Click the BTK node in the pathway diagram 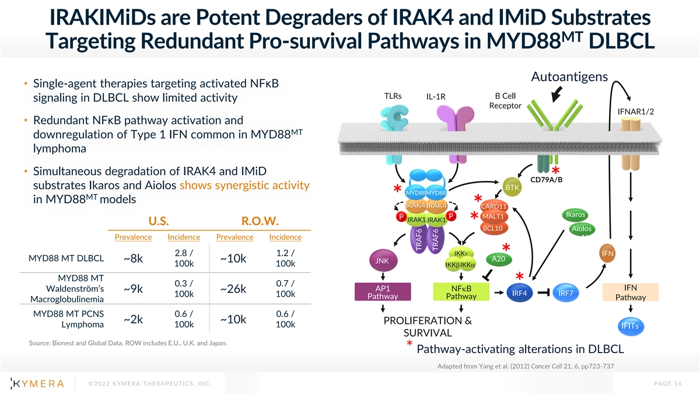pyautogui.click(x=512, y=187)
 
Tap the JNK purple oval pyautogui.click(x=383, y=260)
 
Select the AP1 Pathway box pyautogui.click(x=383, y=292)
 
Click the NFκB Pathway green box pyautogui.click(x=461, y=292)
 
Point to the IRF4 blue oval pyautogui.click(x=519, y=293)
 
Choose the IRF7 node pyautogui.click(x=566, y=293)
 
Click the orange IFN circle pyautogui.click(x=607, y=253)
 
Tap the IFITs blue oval pyautogui.click(x=631, y=326)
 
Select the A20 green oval pyautogui.click(x=499, y=259)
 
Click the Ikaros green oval pyautogui.click(x=575, y=215)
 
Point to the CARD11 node pyautogui.click(x=494, y=207)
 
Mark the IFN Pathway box pyautogui.click(x=631, y=292)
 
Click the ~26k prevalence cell pyautogui.click(x=233, y=289)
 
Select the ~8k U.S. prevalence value pyautogui.click(x=133, y=259)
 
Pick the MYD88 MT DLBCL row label pyautogui.click(x=66, y=258)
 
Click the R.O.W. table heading pyautogui.click(x=260, y=221)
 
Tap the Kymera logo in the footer pyautogui.click(x=37, y=383)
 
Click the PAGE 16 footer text pyautogui.click(x=668, y=383)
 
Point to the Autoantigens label pyautogui.click(x=569, y=77)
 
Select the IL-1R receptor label pyautogui.click(x=436, y=97)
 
